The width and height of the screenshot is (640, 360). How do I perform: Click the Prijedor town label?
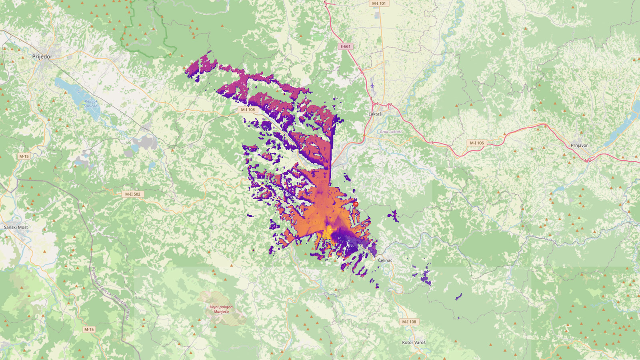coord(42,57)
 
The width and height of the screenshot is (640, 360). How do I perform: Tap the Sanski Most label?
coord(16,227)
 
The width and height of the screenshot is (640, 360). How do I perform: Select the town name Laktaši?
coord(375,114)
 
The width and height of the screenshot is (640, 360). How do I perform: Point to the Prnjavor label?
coord(579,145)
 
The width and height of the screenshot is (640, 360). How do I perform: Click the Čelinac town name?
coord(385,260)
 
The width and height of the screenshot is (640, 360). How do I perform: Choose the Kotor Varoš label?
coord(414,342)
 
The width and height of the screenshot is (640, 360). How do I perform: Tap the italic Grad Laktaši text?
coord(390,132)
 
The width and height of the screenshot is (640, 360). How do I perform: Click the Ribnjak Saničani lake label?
coord(91,104)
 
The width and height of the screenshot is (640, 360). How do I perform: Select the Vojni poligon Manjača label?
coord(221,309)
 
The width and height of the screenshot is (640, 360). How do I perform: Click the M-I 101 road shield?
coord(379,4)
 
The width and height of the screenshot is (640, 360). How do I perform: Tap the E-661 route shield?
coord(345,46)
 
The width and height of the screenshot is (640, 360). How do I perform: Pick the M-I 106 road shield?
coord(476,143)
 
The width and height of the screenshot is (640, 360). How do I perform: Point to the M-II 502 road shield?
coord(133,194)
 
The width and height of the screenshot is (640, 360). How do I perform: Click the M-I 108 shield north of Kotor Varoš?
coord(409,322)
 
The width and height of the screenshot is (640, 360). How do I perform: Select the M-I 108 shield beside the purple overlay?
coord(248,110)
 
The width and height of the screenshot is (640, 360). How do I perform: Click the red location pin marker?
coord(356,204)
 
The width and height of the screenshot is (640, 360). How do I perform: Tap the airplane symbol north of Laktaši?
coord(373,85)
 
